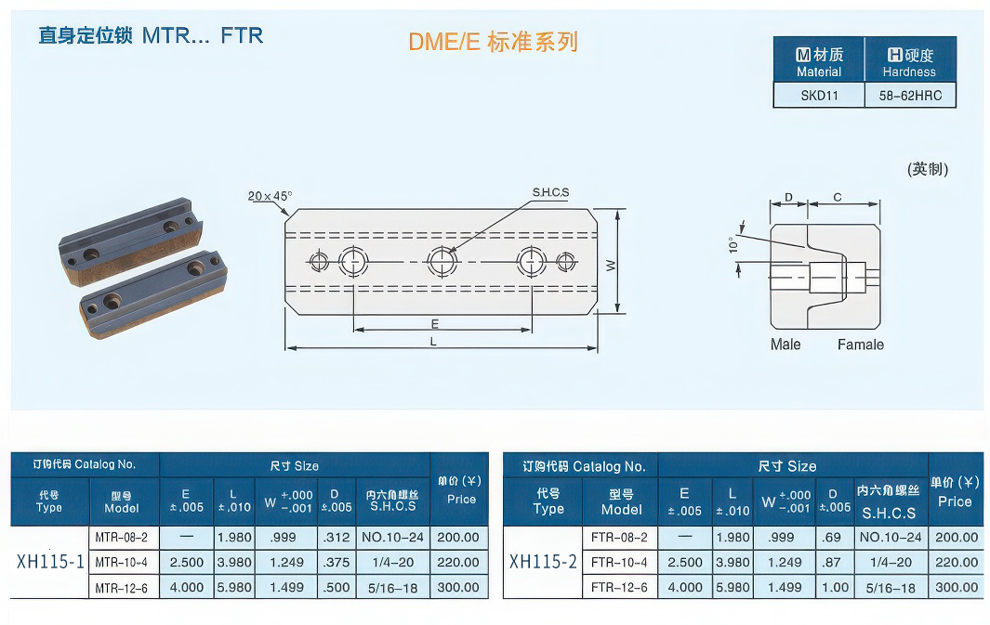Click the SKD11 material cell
click(x=819, y=95)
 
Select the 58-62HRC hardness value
click(x=909, y=95)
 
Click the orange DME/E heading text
click(x=493, y=42)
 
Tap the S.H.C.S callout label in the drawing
click(x=550, y=193)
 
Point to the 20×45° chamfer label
click(x=270, y=196)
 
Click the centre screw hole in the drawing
click(x=441, y=261)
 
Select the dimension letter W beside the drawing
click(x=611, y=265)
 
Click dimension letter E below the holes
click(x=435, y=324)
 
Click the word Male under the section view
click(x=785, y=345)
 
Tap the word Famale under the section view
click(x=860, y=345)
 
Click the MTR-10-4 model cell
click(x=122, y=562)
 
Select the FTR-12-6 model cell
click(x=619, y=587)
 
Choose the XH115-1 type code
click(x=50, y=562)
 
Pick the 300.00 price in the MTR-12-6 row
click(x=459, y=587)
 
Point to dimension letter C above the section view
click(x=838, y=197)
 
